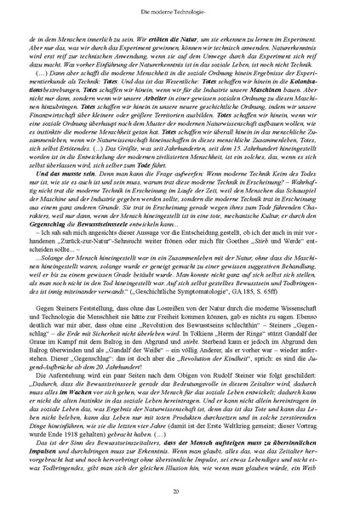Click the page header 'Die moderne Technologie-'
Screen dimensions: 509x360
[180, 8]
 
